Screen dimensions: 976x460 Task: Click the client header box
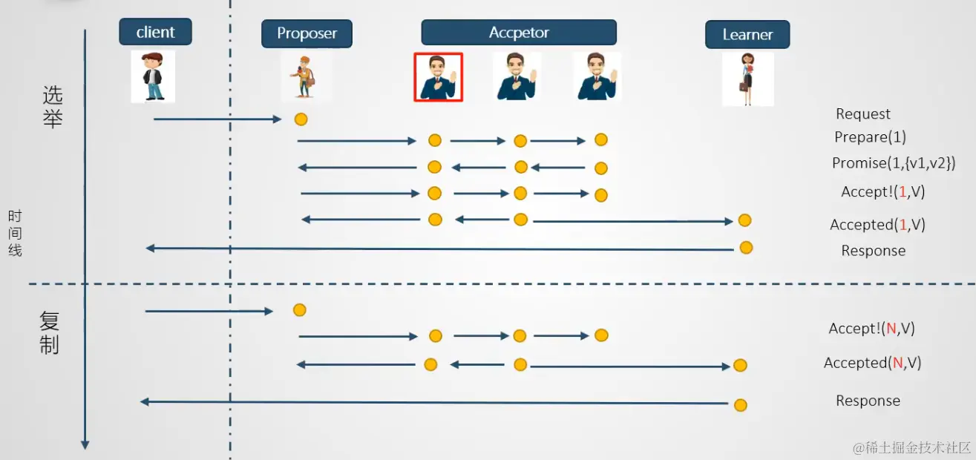click(155, 32)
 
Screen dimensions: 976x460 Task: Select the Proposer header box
click(307, 33)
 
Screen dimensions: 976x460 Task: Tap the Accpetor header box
click(519, 33)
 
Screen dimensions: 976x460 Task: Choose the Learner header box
click(747, 34)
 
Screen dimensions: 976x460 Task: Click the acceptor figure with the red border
click(438, 77)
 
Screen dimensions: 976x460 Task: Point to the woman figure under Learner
click(747, 79)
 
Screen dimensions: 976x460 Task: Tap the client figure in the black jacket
click(153, 76)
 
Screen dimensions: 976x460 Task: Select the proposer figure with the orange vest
click(304, 77)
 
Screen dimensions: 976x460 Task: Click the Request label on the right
click(862, 114)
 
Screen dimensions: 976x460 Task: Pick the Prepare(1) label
click(870, 137)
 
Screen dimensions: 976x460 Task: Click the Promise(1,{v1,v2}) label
click(894, 163)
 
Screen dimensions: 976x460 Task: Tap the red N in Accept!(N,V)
click(891, 329)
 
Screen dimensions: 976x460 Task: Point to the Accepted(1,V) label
click(877, 225)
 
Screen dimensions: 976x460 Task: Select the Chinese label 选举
click(53, 107)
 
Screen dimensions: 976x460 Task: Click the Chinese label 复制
click(50, 332)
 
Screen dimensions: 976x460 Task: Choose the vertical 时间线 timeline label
click(15, 233)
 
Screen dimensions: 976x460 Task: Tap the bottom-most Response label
click(868, 401)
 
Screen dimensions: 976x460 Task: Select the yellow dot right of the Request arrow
click(301, 119)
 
